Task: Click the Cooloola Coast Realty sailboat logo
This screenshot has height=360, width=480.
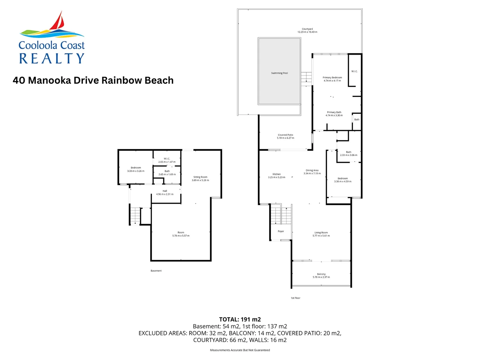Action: pyautogui.click(x=52, y=37)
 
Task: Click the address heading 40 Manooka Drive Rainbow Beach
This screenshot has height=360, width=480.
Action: pyautogui.click(x=93, y=80)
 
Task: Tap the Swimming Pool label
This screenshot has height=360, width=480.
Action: pyautogui.click(x=279, y=73)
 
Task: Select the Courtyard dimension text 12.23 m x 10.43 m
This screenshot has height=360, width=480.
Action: pyautogui.click(x=307, y=32)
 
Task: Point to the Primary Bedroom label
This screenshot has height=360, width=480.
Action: pyautogui.click(x=332, y=77)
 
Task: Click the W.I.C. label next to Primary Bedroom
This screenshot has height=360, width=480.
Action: pyautogui.click(x=354, y=71)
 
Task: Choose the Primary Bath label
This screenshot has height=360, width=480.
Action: pyautogui.click(x=334, y=112)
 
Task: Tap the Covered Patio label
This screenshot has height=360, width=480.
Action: pyautogui.click(x=285, y=135)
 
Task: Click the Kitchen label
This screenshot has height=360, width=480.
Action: pyautogui.click(x=277, y=174)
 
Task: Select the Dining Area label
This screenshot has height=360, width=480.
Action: pyautogui.click(x=312, y=170)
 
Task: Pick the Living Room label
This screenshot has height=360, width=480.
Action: pyautogui.click(x=321, y=233)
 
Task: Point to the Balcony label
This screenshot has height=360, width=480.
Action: pyautogui.click(x=321, y=274)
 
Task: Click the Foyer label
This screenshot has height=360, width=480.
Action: pyautogui.click(x=281, y=231)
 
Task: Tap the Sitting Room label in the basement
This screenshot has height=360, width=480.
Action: pyautogui.click(x=200, y=177)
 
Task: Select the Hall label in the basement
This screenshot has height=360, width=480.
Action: pyautogui.click(x=165, y=191)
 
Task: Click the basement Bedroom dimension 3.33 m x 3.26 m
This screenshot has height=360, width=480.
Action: pyautogui.click(x=136, y=171)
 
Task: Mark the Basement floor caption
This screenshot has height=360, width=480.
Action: pyautogui.click(x=156, y=271)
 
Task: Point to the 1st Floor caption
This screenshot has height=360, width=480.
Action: pyautogui.click(x=295, y=298)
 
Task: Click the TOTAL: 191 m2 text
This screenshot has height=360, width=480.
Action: pyautogui.click(x=240, y=319)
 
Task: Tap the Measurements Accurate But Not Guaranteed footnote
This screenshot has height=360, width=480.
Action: pyautogui.click(x=240, y=350)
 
